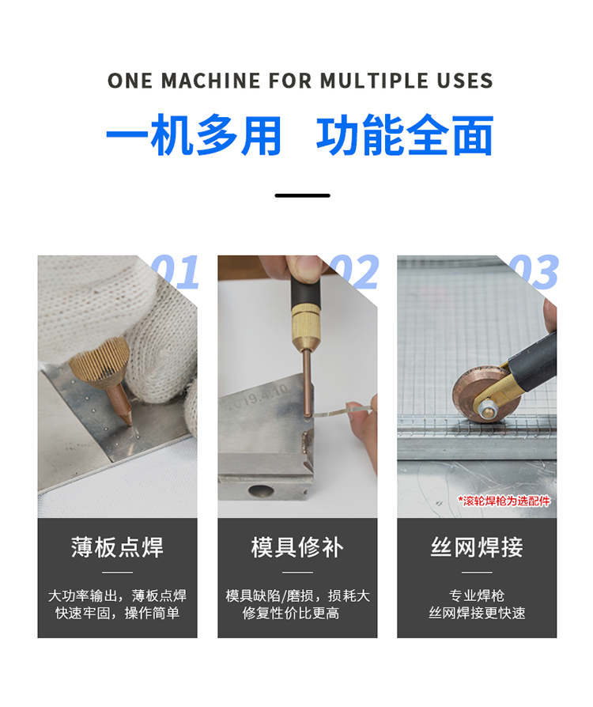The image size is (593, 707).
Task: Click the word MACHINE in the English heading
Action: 210,81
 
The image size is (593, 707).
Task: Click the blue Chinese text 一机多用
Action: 194,134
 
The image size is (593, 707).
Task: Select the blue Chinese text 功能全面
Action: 405,134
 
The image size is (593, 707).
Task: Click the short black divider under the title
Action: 303,195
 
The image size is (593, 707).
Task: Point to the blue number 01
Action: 176,271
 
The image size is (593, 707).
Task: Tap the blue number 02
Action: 355,271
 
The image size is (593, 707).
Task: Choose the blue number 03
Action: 534,271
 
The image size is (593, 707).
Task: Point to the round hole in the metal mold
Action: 261,490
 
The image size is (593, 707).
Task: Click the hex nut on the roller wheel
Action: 485,410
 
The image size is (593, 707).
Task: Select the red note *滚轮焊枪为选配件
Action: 504,501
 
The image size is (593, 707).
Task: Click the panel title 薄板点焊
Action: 117,547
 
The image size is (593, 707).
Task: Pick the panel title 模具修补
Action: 297,547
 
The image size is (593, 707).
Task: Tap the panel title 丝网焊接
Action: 477,547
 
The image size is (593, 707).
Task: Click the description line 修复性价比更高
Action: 290,613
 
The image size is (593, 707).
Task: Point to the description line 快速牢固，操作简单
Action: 117,613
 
